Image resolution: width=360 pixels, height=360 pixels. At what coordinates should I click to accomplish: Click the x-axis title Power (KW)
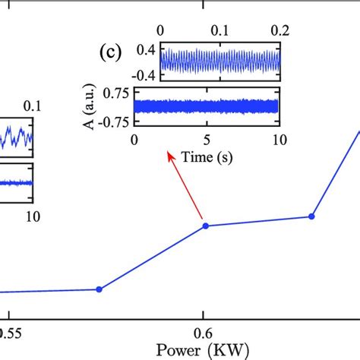(x=202, y=350)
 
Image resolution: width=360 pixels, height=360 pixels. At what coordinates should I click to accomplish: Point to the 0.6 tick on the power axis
(x=202, y=332)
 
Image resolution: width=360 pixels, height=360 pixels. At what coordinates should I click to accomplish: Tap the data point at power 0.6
(x=204, y=225)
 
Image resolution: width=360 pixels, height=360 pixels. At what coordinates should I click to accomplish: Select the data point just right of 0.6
(x=311, y=216)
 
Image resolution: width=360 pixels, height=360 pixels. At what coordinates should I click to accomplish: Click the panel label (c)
(x=110, y=53)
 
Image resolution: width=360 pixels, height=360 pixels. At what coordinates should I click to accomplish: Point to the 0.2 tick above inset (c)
(x=279, y=30)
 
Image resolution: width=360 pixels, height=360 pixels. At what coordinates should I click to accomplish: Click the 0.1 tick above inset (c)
(x=219, y=30)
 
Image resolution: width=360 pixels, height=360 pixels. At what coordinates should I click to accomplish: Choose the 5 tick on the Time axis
(x=207, y=141)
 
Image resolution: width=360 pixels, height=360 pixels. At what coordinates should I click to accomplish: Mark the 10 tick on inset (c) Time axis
(x=279, y=141)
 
